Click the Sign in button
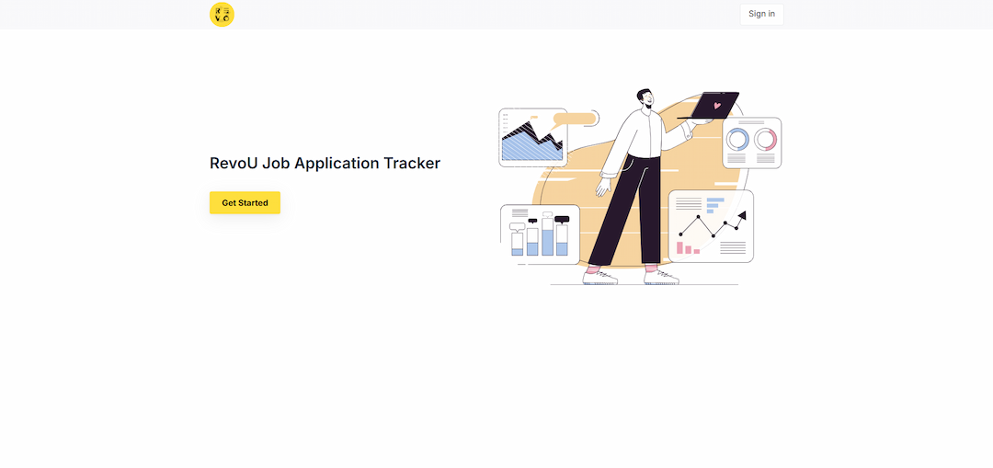pyautogui.click(x=761, y=14)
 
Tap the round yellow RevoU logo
pyautogui.click(x=222, y=15)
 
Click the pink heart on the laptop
pyautogui.click(x=717, y=105)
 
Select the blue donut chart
pyautogui.click(x=737, y=140)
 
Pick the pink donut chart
pyautogui.click(x=766, y=140)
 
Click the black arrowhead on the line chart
pyautogui.click(x=742, y=216)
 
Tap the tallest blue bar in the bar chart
pyautogui.click(x=547, y=242)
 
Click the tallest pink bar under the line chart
pyautogui.click(x=680, y=247)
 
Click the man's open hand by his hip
pyautogui.click(x=603, y=187)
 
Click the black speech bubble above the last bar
pyautogui.click(x=562, y=219)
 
